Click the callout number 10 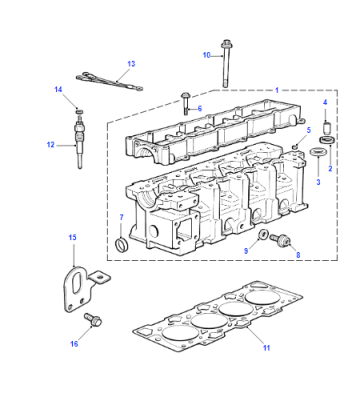click(x=207, y=55)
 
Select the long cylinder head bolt click(x=225, y=64)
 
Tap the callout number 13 click(x=131, y=64)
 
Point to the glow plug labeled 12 click(x=79, y=146)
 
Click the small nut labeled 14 click(x=79, y=111)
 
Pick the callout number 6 click(x=200, y=109)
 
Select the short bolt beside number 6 click(x=186, y=103)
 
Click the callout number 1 click(x=277, y=90)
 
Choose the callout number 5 click(x=309, y=130)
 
